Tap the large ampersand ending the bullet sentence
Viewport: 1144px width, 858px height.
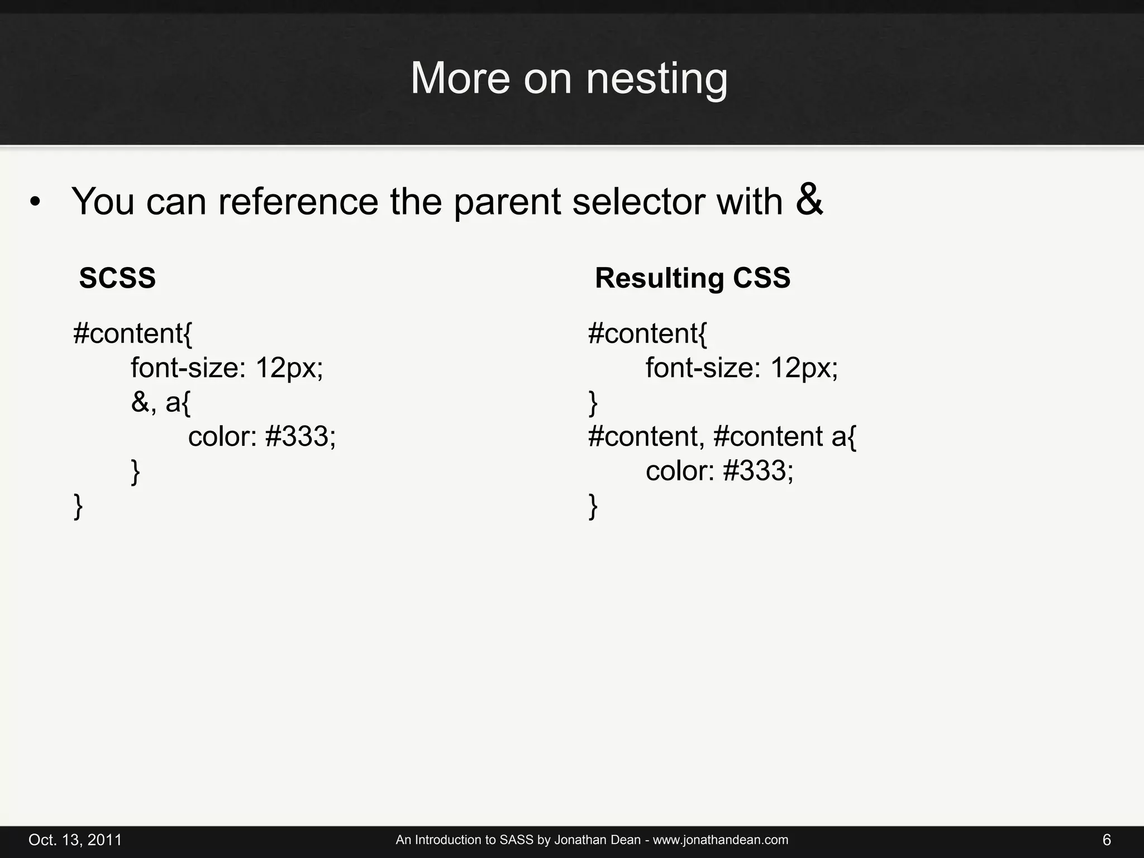pyautogui.click(x=809, y=199)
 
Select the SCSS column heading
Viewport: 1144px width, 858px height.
pyautogui.click(x=117, y=278)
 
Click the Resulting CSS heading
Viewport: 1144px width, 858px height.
pyautogui.click(x=693, y=278)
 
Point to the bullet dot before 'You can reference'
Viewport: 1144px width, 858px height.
pyautogui.click(x=35, y=203)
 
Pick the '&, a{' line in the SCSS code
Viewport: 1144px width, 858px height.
pyautogui.click(x=161, y=402)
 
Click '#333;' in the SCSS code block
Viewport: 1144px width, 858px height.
pyautogui.click(x=301, y=436)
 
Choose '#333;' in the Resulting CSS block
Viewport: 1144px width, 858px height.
pyautogui.click(x=758, y=471)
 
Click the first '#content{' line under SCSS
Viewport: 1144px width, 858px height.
pyautogui.click(x=132, y=334)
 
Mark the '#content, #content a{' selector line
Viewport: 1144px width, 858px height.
pyautogui.click(x=722, y=436)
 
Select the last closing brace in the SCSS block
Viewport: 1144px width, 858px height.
pyautogui.click(x=78, y=507)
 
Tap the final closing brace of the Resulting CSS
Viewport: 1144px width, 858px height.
pyautogui.click(x=593, y=507)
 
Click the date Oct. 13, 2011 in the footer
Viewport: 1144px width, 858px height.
pyautogui.click(x=75, y=840)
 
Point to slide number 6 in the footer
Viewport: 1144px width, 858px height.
pyautogui.click(x=1107, y=840)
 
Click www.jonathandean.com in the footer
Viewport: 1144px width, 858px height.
pyautogui.click(x=721, y=840)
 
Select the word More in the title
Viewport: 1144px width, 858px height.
pyautogui.click(x=460, y=79)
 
